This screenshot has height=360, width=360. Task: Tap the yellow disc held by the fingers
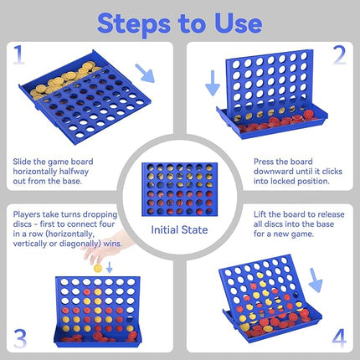click(97, 267)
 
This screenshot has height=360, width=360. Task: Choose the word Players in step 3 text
click(28, 214)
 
